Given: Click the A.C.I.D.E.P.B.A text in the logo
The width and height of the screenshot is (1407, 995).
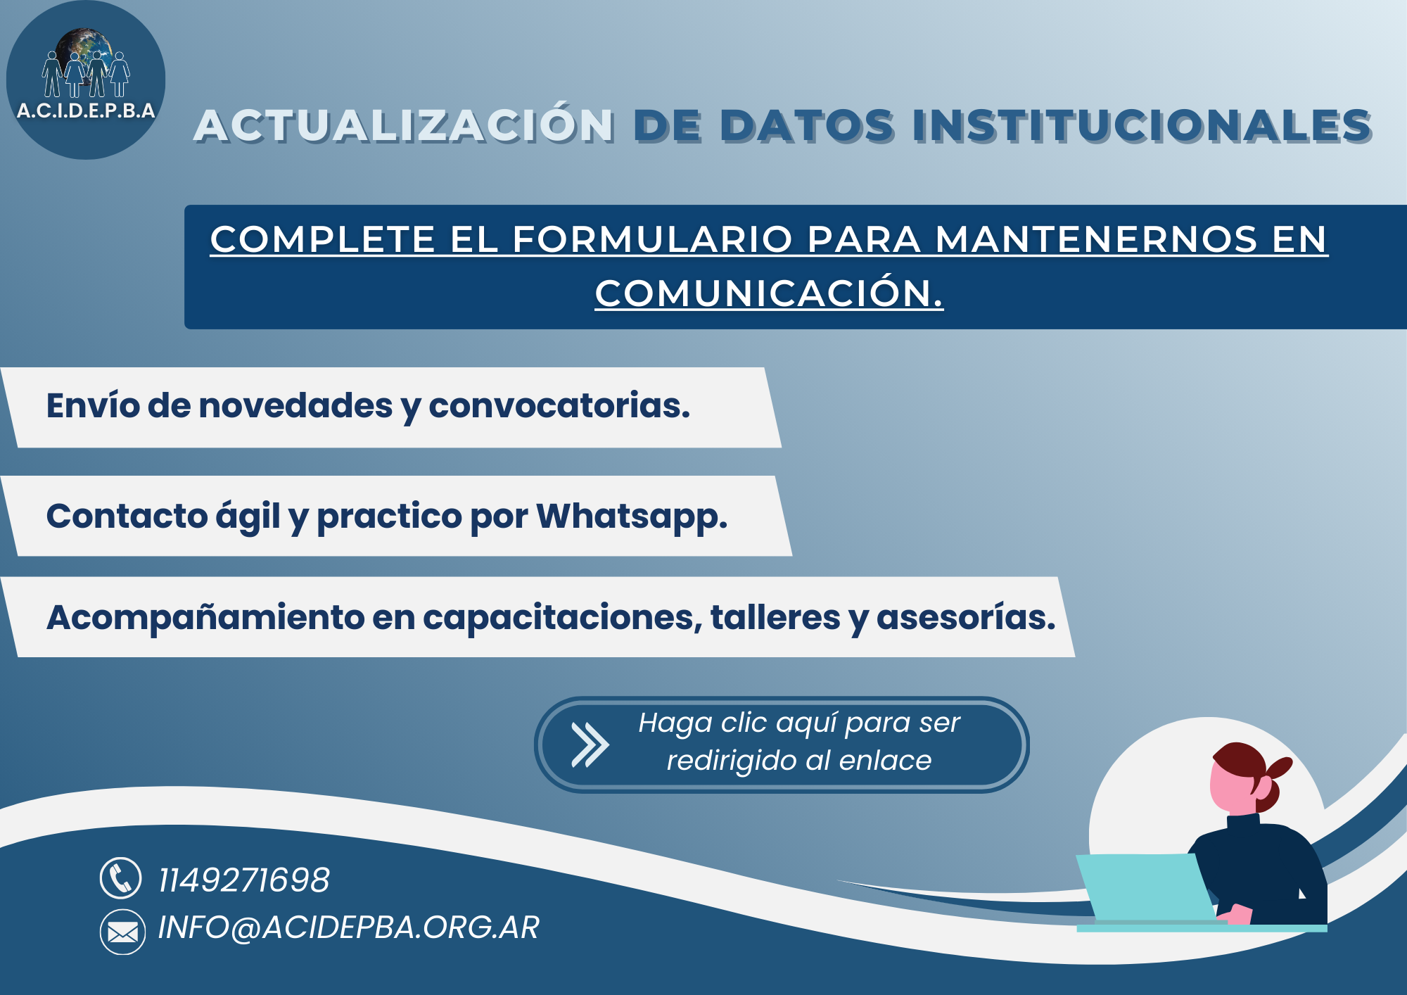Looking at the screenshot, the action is [x=86, y=110].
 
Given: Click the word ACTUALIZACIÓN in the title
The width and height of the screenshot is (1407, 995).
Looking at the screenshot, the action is [x=405, y=125].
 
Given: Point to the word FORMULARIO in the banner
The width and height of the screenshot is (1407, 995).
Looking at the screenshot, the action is [x=653, y=239].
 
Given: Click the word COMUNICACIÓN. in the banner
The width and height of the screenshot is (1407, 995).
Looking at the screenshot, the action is [x=769, y=293].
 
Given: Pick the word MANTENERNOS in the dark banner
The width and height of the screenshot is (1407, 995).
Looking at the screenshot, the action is [x=1095, y=239].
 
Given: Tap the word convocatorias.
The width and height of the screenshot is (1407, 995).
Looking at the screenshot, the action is [x=559, y=406].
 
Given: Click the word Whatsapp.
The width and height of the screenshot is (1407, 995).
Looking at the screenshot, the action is [x=632, y=517].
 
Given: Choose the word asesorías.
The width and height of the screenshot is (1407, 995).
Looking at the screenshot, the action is [x=966, y=617].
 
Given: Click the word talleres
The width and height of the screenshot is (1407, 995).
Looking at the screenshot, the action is [x=775, y=617].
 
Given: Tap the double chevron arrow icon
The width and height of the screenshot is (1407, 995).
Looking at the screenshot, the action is [x=590, y=744].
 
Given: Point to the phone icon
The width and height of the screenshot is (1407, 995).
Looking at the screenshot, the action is [x=121, y=878].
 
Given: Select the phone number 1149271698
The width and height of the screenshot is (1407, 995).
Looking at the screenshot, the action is [x=243, y=880].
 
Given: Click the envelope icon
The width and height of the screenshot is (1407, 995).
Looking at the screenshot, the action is [x=122, y=932].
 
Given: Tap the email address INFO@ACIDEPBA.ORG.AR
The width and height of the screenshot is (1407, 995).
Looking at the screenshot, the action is [x=348, y=927].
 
